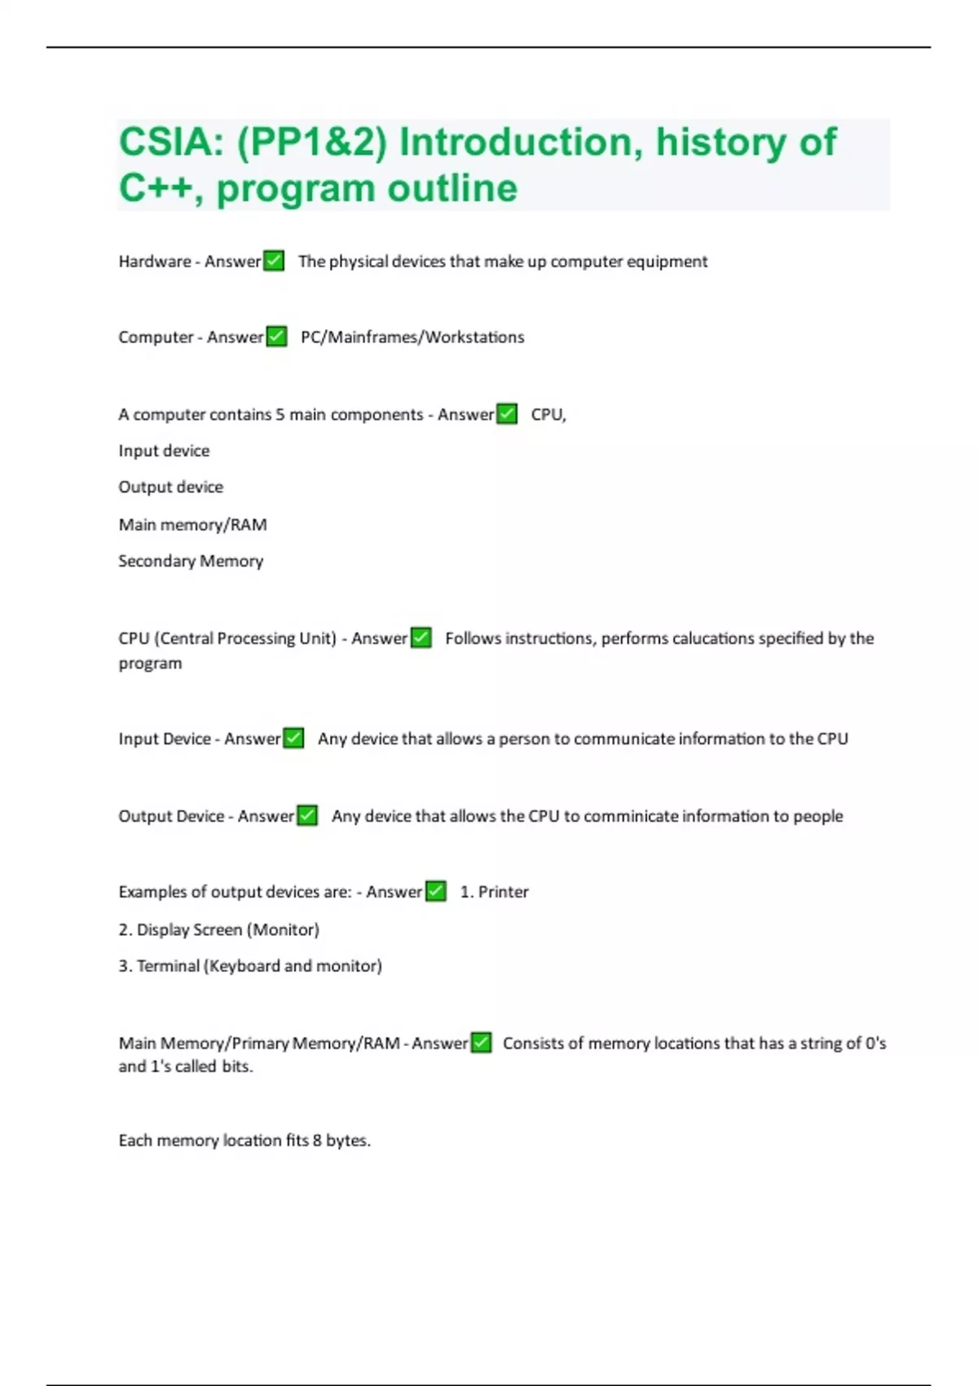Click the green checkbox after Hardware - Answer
click(x=274, y=261)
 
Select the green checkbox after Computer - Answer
click(x=276, y=337)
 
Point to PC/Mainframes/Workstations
click(x=412, y=337)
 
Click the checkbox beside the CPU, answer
click(x=507, y=414)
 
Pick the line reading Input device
click(x=164, y=451)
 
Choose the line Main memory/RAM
click(x=192, y=524)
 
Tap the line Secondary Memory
click(x=191, y=561)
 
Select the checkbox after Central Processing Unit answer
click(x=421, y=638)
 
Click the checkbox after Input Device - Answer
click(x=293, y=739)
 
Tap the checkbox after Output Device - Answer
click(x=307, y=815)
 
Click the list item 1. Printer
click(x=494, y=892)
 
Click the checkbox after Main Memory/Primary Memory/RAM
click(x=482, y=1043)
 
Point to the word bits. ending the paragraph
click(x=237, y=1066)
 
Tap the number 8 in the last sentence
click(x=317, y=1141)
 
